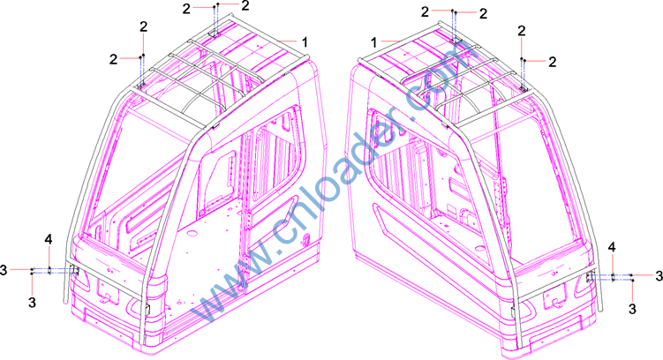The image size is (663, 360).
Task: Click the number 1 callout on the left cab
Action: click(305, 42)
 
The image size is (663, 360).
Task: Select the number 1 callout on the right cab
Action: click(373, 42)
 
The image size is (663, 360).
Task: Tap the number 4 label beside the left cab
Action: click(49, 240)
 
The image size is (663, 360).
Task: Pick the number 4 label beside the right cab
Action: click(612, 248)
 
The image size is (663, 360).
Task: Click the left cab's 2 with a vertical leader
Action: click(144, 27)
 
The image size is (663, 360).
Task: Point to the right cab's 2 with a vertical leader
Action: click(522, 31)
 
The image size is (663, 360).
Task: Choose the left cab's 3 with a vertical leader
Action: click(32, 303)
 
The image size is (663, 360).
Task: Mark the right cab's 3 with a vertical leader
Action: click(632, 309)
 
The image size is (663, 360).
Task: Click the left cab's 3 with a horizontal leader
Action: click(4, 270)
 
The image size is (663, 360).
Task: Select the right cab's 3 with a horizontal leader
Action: click(659, 276)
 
